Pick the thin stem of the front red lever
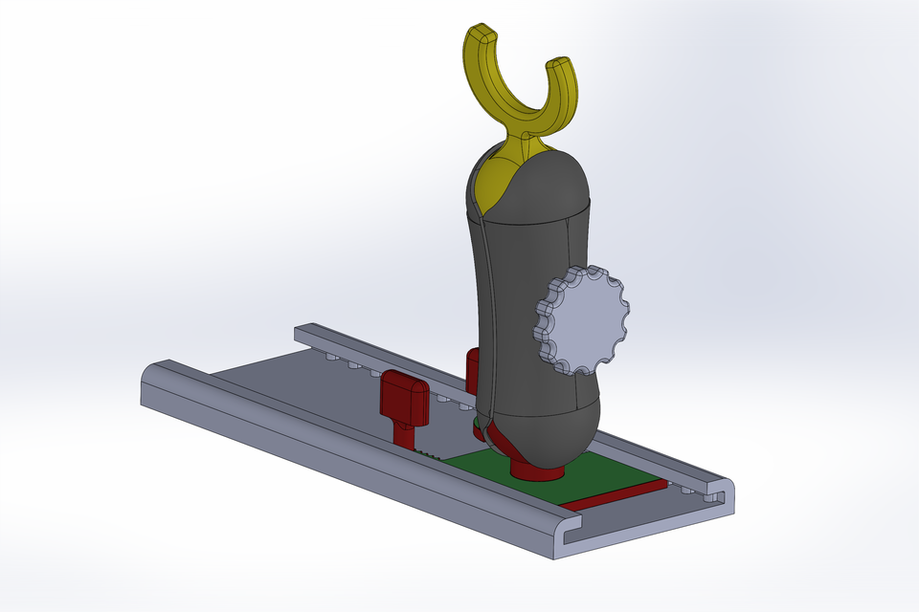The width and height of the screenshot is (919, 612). click(x=408, y=436)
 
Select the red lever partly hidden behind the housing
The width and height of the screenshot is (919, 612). click(x=471, y=368)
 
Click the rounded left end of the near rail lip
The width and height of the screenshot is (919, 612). click(x=153, y=378)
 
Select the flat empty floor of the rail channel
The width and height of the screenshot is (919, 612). click(x=287, y=382)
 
